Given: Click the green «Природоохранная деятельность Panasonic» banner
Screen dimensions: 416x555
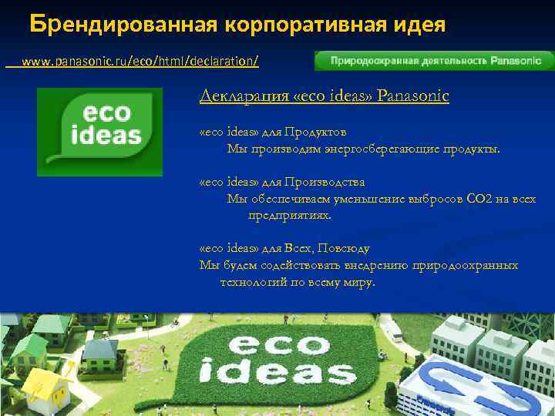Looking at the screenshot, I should [x=434, y=61].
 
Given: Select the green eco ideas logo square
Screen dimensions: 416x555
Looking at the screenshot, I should [x=100, y=132].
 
